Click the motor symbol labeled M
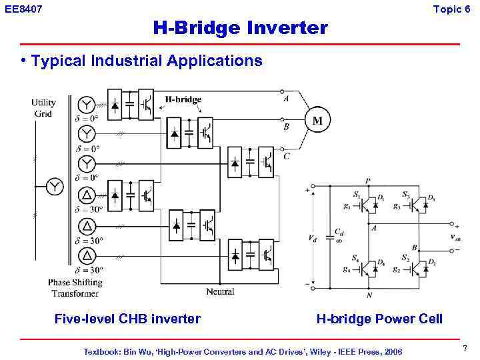coord(318,121)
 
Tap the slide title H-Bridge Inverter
coord(240,28)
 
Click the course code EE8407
coord(23,9)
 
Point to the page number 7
coord(465,349)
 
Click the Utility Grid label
coord(43,108)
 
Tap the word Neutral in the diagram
coord(220,291)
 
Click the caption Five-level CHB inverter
coord(127,319)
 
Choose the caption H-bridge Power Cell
coord(379,319)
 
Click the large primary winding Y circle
coord(54,187)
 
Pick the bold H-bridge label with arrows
coord(183,99)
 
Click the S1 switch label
coord(357,195)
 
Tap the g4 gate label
coord(347,269)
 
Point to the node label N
coord(368,294)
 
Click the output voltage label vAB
coord(455,237)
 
